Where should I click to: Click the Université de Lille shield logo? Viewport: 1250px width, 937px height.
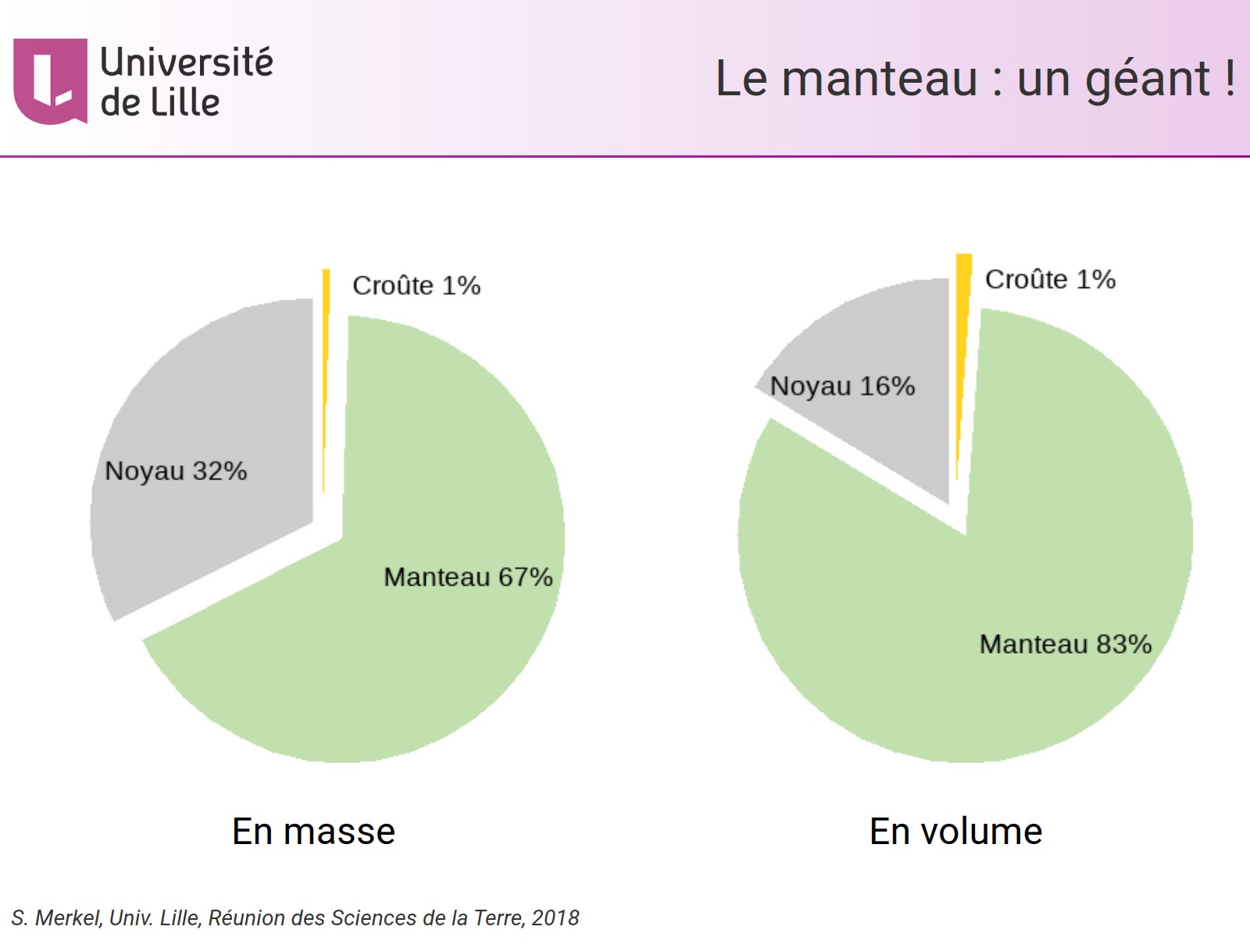50,80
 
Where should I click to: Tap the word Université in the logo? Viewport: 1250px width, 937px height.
187,62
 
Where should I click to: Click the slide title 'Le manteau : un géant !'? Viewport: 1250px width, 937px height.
974,79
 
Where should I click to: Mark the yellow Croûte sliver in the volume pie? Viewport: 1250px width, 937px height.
963,328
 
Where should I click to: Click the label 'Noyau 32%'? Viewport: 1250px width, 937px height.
176,471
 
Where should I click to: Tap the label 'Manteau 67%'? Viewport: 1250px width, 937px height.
468,577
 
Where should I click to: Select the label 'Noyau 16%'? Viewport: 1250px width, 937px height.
842,386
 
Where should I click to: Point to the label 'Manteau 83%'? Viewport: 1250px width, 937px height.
1066,644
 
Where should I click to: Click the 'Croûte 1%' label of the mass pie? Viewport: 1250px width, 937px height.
416,286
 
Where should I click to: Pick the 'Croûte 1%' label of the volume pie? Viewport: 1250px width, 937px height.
1050,280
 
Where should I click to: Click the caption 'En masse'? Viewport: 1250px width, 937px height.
313,832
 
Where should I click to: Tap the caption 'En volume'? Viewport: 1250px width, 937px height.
955,832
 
